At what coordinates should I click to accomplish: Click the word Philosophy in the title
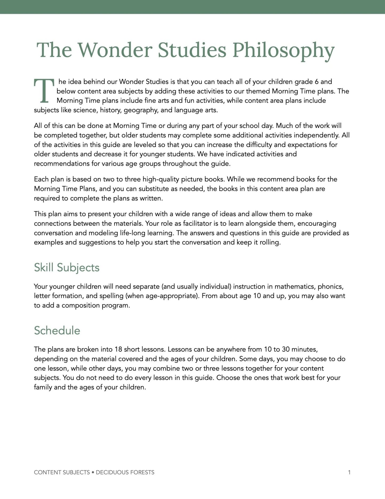[x=283, y=50]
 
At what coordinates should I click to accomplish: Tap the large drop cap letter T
[x=44, y=91]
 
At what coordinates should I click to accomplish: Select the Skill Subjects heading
[x=67, y=268]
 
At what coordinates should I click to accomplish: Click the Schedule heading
[x=57, y=331]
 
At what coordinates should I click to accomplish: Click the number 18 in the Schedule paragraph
[x=118, y=349]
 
